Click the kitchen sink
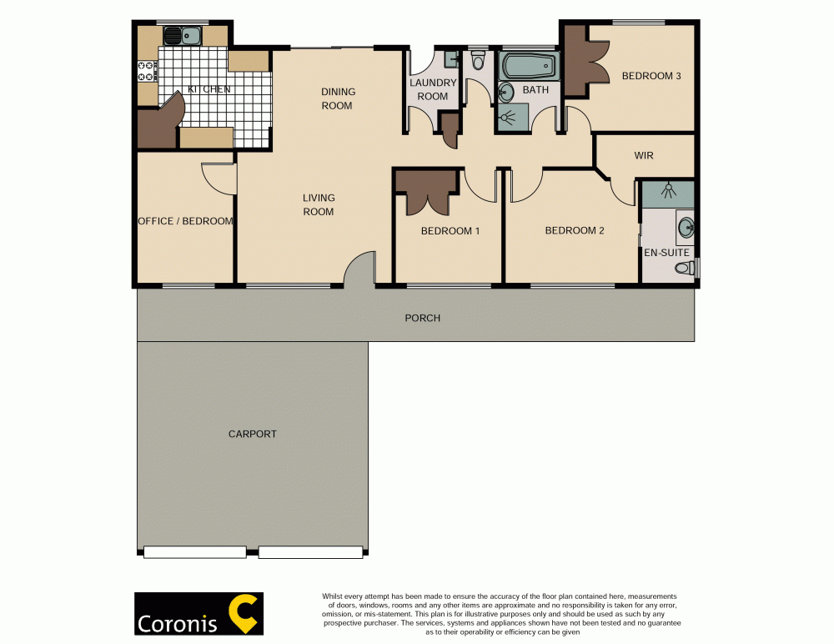coord(182,36)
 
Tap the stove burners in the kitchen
coord(148,71)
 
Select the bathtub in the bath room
coord(527,65)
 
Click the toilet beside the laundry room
coord(478,61)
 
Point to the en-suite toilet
coord(686,268)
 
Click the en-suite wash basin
coord(686,226)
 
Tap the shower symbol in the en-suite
coord(667,192)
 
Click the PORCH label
coord(422,318)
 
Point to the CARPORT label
coord(252,434)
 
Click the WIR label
coord(643,155)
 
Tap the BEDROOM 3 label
coord(651,76)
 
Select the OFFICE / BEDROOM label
coord(185,221)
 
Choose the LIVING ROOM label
coord(318,204)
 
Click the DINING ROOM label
coord(337,98)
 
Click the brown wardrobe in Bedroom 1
coord(426,190)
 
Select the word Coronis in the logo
coord(178,623)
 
